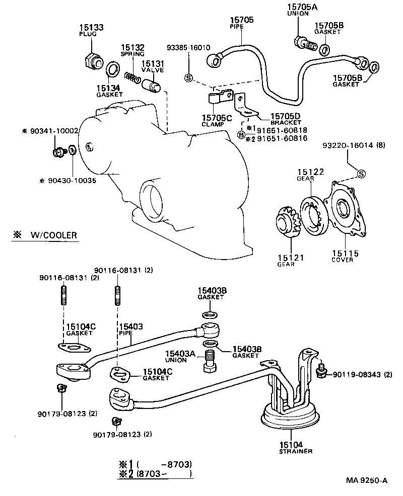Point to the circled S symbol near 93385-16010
188,77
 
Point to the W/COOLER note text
53,235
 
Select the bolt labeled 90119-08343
320,372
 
